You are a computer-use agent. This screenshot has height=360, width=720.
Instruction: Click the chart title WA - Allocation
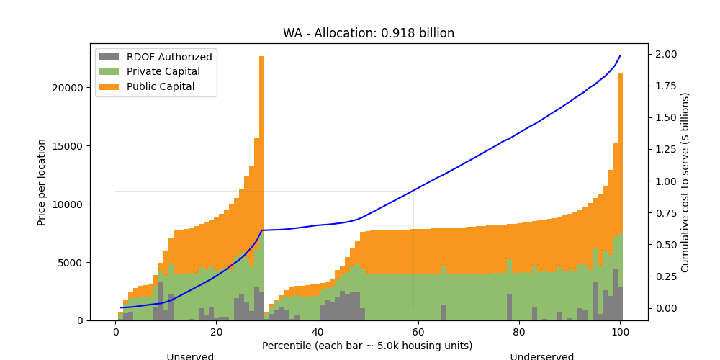point(368,33)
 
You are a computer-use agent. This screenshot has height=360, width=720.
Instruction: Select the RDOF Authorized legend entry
point(169,57)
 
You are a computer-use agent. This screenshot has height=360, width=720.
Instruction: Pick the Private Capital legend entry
point(163,72)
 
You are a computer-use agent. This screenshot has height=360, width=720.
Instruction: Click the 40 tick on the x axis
point(318,333)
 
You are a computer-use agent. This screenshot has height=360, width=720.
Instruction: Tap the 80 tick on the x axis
point(519,333)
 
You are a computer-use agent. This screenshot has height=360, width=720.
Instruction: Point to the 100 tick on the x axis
point(620,333)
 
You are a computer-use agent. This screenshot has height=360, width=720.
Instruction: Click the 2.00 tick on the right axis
point(666,55)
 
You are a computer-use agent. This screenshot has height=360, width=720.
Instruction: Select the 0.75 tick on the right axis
point(666,213)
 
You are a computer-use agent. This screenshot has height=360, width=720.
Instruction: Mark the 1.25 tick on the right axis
point(666,150)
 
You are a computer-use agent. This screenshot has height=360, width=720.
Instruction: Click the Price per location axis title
point(42,182)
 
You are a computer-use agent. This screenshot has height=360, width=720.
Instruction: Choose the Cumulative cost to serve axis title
point(685,182)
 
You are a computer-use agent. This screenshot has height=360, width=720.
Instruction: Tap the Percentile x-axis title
point(367,346)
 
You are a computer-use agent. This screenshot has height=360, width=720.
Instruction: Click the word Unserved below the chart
point(190,356)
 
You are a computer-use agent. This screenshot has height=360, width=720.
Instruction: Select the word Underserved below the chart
point(541,356)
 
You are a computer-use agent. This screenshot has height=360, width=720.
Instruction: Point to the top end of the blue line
point(620,56)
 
